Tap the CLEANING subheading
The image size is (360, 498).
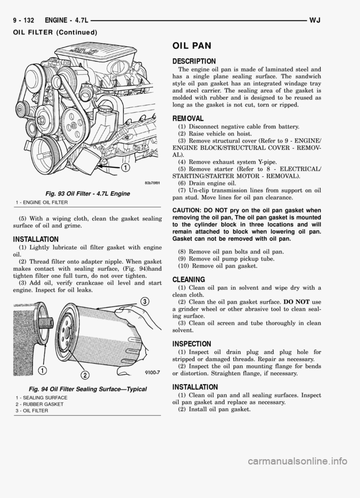point(188,279)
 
